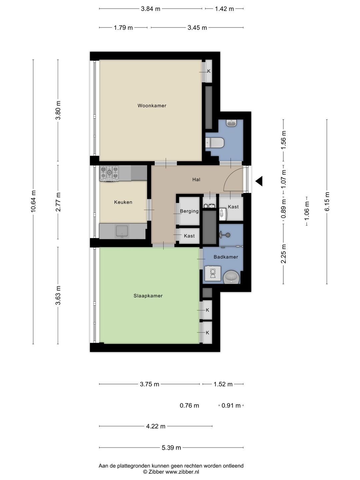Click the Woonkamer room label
click(x=152, y=106)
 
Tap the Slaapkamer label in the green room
click(x=148, y=296)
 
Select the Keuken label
click(x=123, y=202)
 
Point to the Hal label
click(x=196, y=180)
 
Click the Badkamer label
click(x=226, y=257)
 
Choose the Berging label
click(x=189, y=211)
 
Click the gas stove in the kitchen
click(x=109, y=173)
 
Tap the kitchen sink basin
click(x=122, y=231)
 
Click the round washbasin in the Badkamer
click(x=231, y=277)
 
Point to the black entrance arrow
click(x=259, y=181)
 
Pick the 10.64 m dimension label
click(x=33, y=201)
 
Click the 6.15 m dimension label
click(x=327, y=201)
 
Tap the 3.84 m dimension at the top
click(x=151, y=9)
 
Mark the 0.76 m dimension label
click(x=189, y=406)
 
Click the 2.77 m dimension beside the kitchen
click(x=58, y=202)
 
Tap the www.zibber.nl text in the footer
click(x=182, y=472)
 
